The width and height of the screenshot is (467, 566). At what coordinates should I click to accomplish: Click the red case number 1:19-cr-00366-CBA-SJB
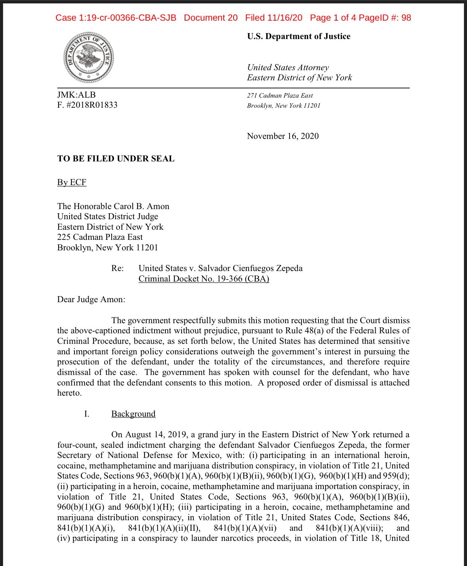click(x=116, y=18)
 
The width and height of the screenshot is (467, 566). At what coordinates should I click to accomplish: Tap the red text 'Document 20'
click(x=211, y=18)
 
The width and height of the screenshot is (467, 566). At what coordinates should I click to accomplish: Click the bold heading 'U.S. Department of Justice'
click(x=299, y=36)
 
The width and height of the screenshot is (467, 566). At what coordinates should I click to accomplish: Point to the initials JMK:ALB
click(x=76, y=95)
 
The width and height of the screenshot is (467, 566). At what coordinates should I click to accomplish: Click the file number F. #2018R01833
click(x=87, y=105)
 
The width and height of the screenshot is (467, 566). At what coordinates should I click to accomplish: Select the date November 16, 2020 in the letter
click(x=282, y=136)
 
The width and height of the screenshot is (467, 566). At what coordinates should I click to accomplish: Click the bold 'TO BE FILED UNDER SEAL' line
click(x=116, y=158)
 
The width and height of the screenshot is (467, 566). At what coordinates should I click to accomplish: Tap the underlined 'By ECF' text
click(x=72, y=182)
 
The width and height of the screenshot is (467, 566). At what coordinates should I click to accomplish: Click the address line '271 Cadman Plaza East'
click(x=280, y=96)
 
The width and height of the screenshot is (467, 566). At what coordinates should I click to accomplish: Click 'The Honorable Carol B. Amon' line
click(x=113, y=206)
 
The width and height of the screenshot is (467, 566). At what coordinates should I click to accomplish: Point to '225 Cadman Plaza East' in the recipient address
click(x=100, y=237)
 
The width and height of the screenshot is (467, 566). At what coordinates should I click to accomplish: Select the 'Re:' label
click(x=117, y=268)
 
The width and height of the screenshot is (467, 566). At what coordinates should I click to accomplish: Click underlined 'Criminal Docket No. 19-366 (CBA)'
click(x=204, y=279)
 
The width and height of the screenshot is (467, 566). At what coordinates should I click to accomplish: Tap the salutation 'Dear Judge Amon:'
click(x=91, y=300)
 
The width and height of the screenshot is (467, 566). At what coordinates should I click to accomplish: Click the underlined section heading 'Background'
click(x=133, y=414)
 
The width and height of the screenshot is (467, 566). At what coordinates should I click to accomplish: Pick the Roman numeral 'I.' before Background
click(x=86, y=414)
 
